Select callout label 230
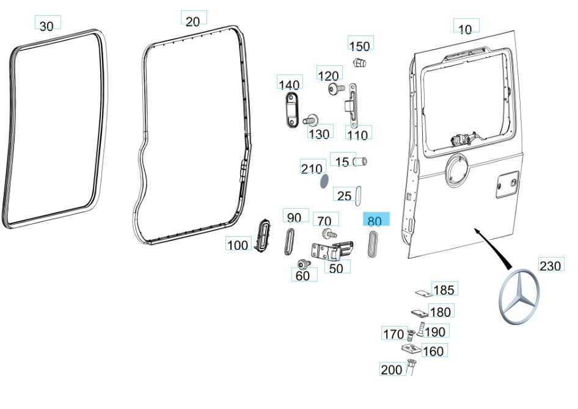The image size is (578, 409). pyautogui.click(x=550, y=266)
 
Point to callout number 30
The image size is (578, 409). pyautogui.click(x=46, y=25)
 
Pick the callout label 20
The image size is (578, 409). pyautogui.click(x=192, y=21)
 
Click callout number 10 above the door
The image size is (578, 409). pyautogui.click(x=465, y=29)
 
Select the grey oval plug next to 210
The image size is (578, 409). pyautogui.click(x=324, y=181)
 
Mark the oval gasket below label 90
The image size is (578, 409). pyautogui.click(x=289, y=241)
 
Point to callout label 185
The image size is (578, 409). pyautogui.click(x=444, y=289)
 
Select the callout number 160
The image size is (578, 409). pyautogui.click(x=433, y=351)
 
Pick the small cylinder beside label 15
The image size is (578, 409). pyautogui.click(x=361, y=161)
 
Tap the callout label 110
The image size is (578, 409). pyautogui.click(x=357, y=134)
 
